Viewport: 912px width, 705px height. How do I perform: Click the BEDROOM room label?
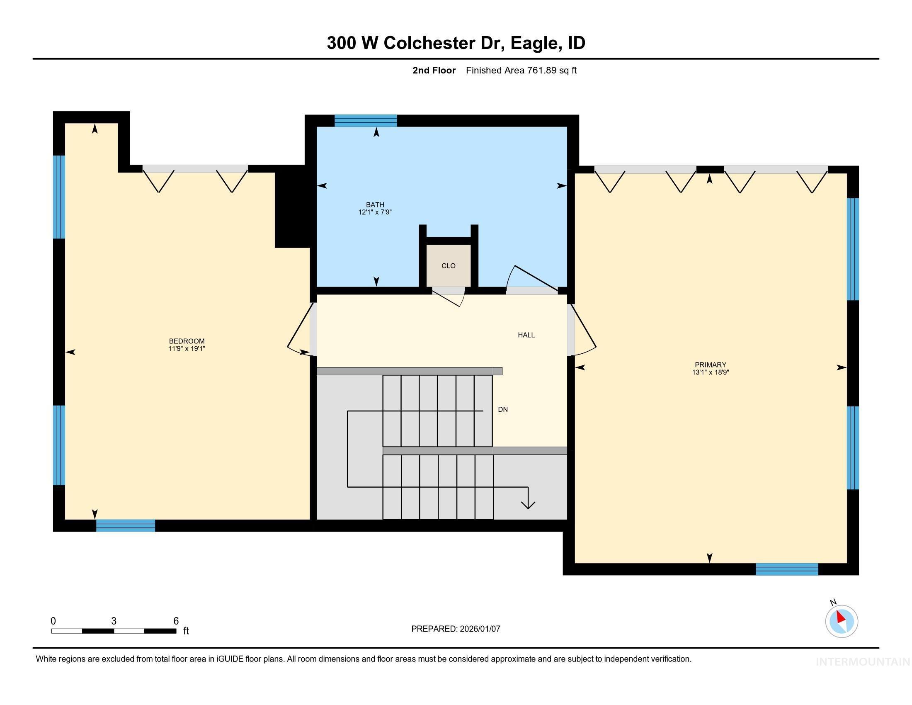(x=187, y=341)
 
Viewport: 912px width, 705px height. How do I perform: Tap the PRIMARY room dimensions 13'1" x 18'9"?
(x=710, y=372)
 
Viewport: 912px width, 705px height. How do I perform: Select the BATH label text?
(x=375, y=204)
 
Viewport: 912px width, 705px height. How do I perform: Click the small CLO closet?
(x=448, y=266)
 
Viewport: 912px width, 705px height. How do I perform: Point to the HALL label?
(x=526, y=335)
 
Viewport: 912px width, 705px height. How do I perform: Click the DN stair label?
(x=503, y=410)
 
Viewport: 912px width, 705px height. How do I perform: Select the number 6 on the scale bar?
(x=176, y=621)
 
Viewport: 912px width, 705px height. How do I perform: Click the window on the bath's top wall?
(x=365, y=121)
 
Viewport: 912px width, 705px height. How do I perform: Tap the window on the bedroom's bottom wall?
(x=125, y=525)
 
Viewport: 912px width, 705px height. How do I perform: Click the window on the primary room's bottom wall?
(x=787, y=569)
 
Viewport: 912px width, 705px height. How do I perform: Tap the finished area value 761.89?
(x=542, y=70)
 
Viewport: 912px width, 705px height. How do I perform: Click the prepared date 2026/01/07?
(x=479, y=629)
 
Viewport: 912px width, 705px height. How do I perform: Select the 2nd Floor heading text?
(x=434, y=70)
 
